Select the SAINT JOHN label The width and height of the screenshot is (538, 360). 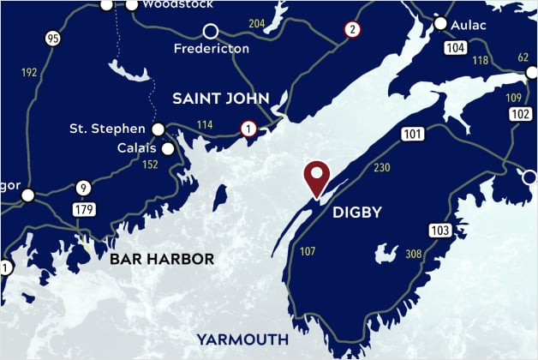[x=221, y=98]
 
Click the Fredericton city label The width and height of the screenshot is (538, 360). [x=211, y=49]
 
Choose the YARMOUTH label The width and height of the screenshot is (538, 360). [x=241, y=337]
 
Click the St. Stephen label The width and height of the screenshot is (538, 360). [x=107, y=129]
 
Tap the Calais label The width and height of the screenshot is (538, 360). [x=136, y=148]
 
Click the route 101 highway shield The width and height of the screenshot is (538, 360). [x=413, y=135]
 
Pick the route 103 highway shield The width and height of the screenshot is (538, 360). [x=439, y=230]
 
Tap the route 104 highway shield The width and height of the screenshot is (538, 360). [x=456, y=49]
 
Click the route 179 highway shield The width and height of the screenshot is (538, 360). [x=84, y=209]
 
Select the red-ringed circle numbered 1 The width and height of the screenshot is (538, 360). [x=248, y=129]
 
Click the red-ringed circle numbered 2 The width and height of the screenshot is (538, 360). [x=351, y=29]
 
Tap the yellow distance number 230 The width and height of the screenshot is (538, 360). [x=381, y=167]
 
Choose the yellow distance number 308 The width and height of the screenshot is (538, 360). [x=414, y=254]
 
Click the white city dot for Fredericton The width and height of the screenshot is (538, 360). [x=211, y=31]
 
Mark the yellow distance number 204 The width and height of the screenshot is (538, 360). [x=256, y=23]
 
